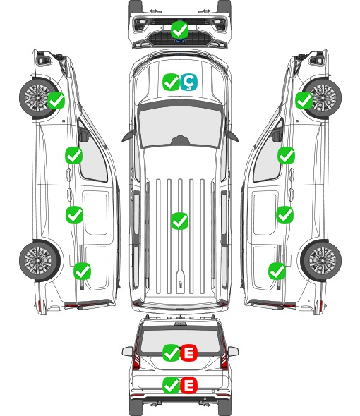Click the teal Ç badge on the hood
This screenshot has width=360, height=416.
(188, 82)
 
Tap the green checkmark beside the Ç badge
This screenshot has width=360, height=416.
(171, 82)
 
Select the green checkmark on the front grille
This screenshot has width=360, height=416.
(179, 30)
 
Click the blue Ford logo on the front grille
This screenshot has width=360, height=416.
(179, 41)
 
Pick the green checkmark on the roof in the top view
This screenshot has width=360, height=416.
(179, 221)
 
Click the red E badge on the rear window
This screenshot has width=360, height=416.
(188, 353)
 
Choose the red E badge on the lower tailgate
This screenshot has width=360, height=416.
(188, 385)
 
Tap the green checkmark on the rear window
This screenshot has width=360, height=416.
(171, 353)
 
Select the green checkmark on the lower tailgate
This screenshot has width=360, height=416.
(171, 385)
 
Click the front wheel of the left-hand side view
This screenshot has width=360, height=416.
(37, 98)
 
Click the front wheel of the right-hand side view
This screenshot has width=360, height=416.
(323, 98)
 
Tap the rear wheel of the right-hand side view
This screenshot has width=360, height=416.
(321, 261)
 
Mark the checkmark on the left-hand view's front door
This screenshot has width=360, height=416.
(74, 155)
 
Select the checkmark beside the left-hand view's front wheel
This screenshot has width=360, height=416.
(56, 100)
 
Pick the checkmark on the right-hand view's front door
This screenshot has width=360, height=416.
(286, 155)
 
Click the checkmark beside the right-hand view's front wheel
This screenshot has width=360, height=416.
(304, 100)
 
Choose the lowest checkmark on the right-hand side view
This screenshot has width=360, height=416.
(277, 271)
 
